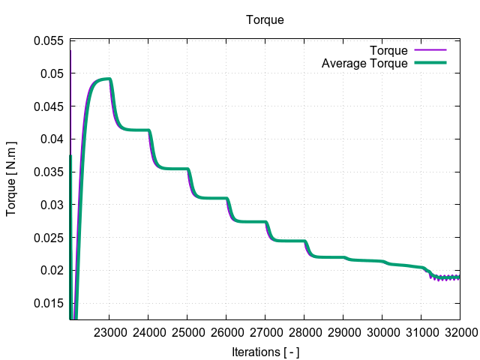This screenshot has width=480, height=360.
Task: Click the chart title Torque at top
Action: click(x=265, y=20)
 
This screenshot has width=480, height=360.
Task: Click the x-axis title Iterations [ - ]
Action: click(x=265, y=351)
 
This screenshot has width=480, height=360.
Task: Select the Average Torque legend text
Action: click(x=364, y=64)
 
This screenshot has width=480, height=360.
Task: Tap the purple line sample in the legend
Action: click(x=430, y=51)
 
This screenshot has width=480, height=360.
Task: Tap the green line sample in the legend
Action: click(x=430, y=64)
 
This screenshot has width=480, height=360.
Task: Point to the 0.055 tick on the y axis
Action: click(x=49, y=40)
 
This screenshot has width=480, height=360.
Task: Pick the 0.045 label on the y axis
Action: click(x=49, y=106)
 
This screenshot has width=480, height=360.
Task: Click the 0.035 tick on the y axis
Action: click(x=49, y=172)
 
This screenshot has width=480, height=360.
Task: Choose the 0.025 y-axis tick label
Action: click(x=49, y=238)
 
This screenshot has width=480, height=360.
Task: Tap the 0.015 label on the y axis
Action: click(x=49, y=303)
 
